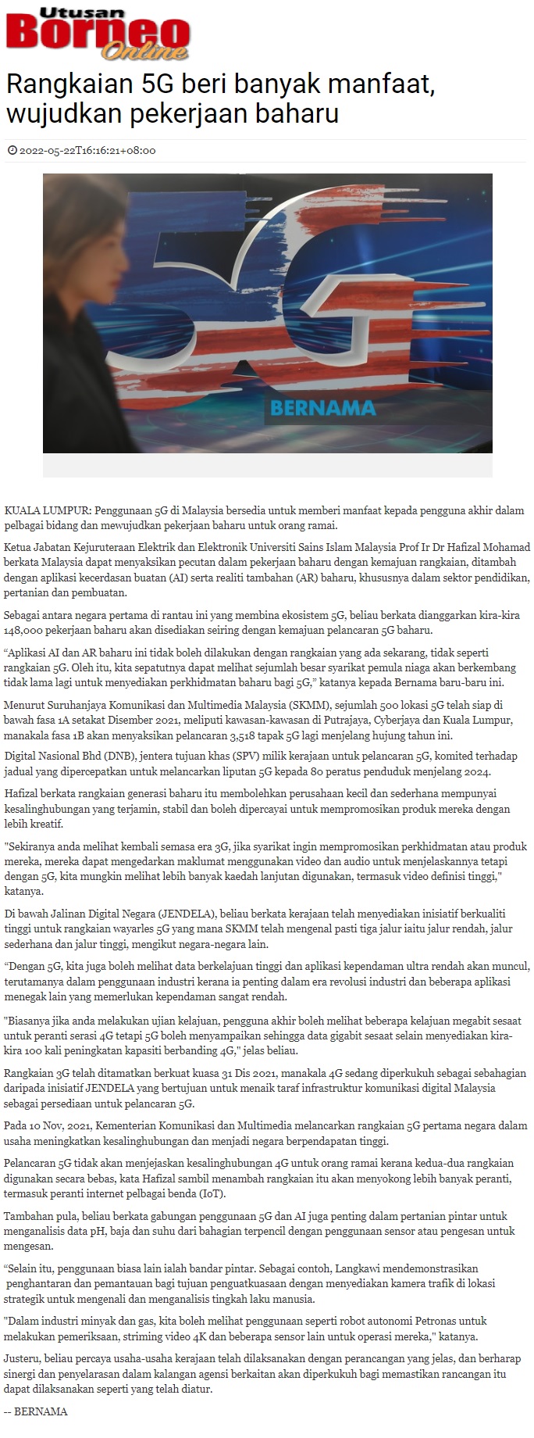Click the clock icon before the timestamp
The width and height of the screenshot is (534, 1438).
pos(12,151)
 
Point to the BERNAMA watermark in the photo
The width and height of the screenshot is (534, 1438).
pos(322,407)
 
